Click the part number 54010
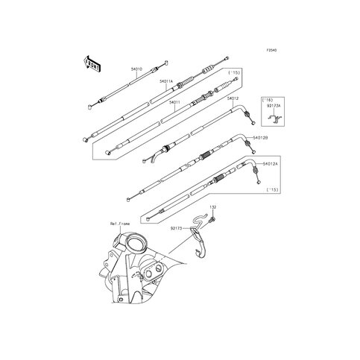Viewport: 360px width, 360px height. click(x=136, y=69)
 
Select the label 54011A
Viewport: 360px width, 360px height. click(x=166, y=81)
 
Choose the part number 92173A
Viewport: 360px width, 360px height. click(x=274, y=108)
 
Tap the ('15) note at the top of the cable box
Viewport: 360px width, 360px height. click(x=236, y=72)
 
